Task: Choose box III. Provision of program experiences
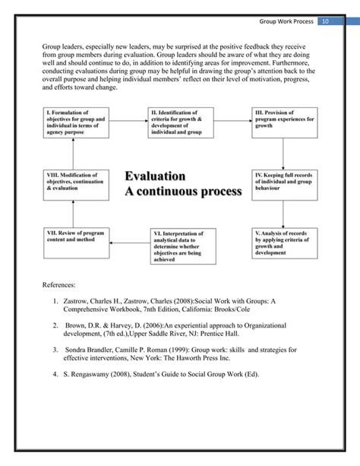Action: [x=283, y=122]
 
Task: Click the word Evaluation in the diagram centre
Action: [x=155, y=176]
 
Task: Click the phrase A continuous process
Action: [x=182, y=191]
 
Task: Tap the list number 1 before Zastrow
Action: [x=55, y=302]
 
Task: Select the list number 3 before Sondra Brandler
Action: [x=55, y=350]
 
